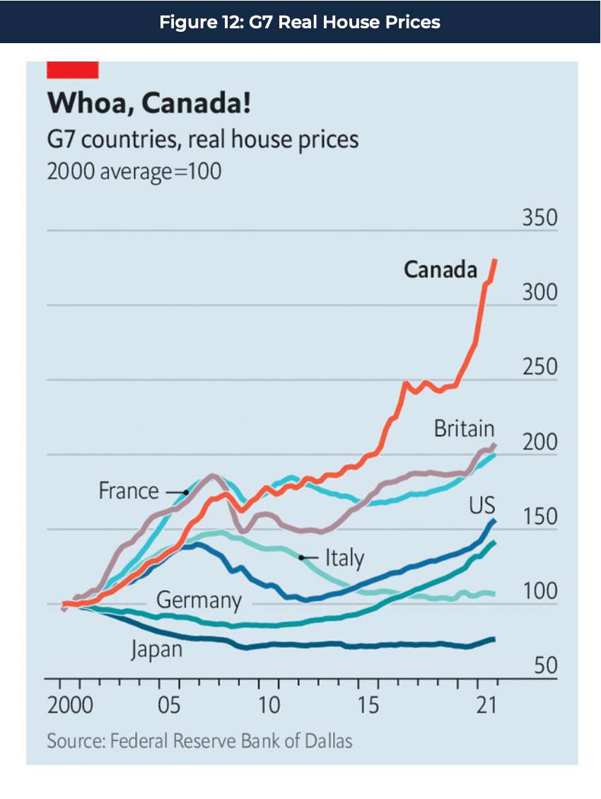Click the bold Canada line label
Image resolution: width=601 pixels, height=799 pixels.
click(x=440, y=269)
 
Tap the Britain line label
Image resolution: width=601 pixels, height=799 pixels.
click(x=464, y=428)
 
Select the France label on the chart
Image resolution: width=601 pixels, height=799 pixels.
click(x=129, y=491)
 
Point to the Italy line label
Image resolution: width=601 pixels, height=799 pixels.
click(x=344, y=558)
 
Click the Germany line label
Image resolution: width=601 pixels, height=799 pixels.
click(x=199, y=601)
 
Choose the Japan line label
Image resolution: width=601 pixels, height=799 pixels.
click(x=156, y=649)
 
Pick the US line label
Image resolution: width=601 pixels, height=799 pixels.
click(x=482, y=506)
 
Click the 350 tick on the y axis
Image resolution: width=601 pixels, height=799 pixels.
click(x=539, y=218)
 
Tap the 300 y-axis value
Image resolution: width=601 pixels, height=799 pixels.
click(x=539, y=293)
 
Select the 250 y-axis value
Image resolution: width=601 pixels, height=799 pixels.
click(x=539, y=368)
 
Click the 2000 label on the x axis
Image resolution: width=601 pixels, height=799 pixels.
click(x=70, y=706)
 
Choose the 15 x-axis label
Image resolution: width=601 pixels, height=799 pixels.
click(x=369, y=706)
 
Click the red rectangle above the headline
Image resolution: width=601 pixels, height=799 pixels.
click(x=72, y=70)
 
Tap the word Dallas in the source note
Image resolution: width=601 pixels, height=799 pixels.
click(x=327, y=741)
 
